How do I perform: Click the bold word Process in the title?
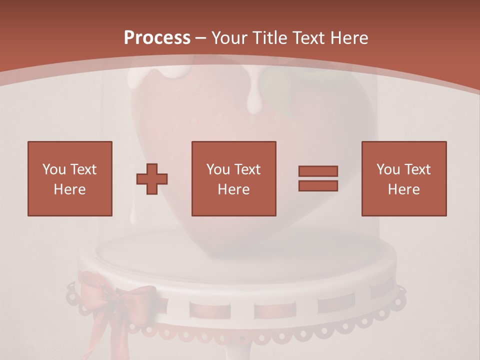157,38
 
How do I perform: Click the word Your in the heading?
229,38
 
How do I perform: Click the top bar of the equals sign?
318,171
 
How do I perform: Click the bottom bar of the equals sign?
318,185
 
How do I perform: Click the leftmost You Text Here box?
69,178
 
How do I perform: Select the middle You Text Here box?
233,178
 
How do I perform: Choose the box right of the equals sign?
403,178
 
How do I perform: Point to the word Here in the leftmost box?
69,189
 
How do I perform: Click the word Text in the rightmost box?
417,169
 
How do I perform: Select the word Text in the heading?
309,38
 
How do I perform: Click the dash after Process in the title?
200,38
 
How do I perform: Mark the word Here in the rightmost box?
403,189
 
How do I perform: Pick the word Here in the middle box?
233,189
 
